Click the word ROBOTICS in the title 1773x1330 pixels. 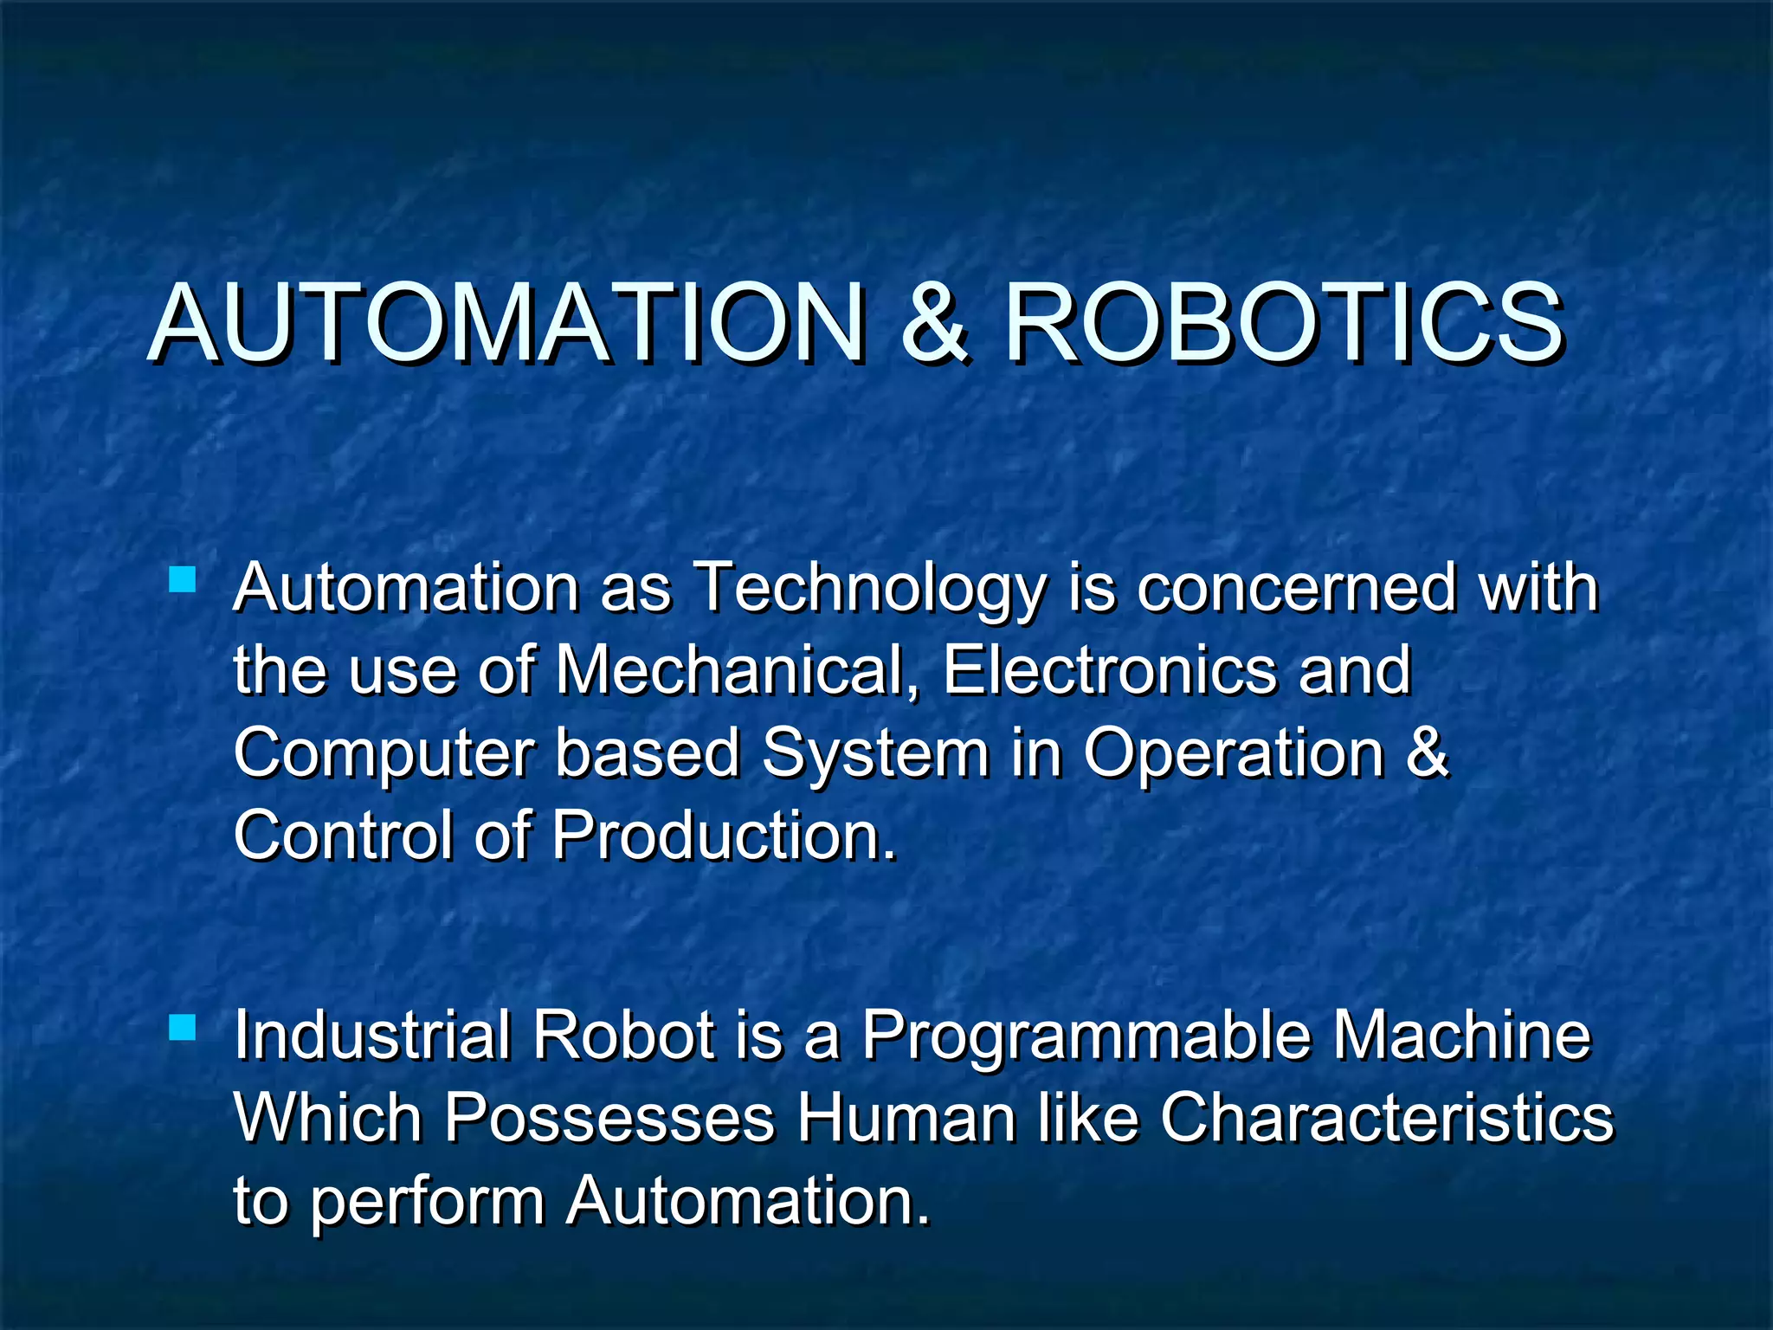click(x=1283, y=323)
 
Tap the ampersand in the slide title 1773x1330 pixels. click(x=933, y=323)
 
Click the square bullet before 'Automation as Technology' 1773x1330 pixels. click(x=183, y=578)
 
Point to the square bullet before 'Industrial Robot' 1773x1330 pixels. click(x=183, y=1027)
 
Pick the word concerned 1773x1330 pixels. click(x=1296, y=589)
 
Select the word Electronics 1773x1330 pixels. click(x=1110, y=670)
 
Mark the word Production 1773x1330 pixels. click(x=725, y=836)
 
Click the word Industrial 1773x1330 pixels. click(x=371, y=1036)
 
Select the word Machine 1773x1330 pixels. click(x=1461, y=1036)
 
